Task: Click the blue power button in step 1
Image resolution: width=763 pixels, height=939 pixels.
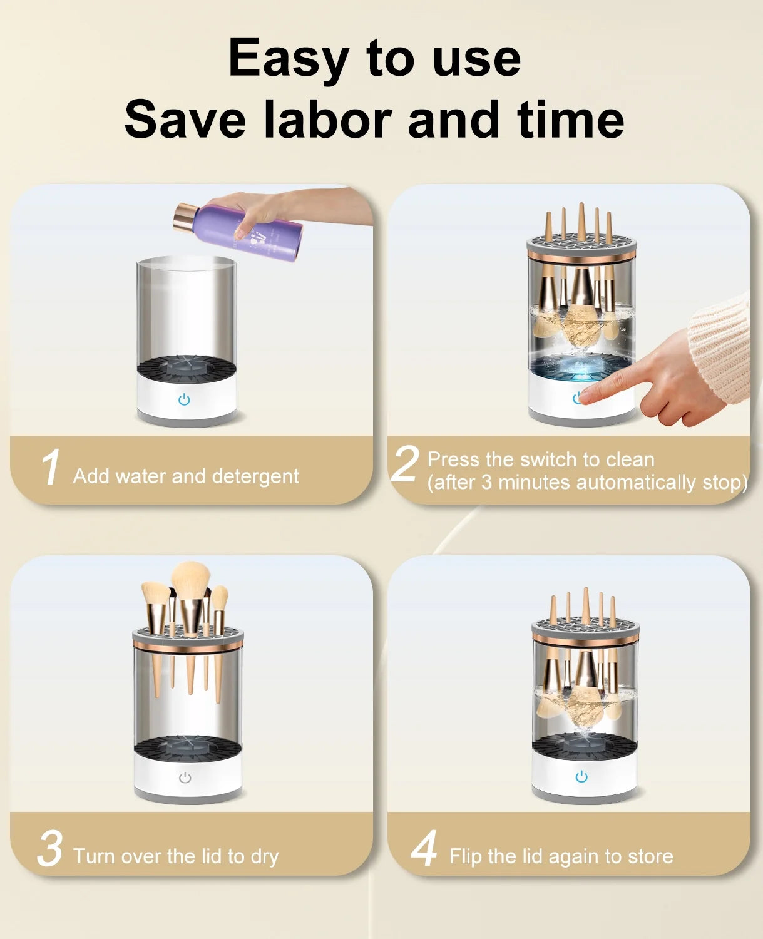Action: pyautogui.click(x=184, y=399)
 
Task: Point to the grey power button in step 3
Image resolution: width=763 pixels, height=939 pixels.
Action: pyautogui.click(x=185, y=777)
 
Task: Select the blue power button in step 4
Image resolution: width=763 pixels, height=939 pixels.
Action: pyautogui.click(x=581, y=777)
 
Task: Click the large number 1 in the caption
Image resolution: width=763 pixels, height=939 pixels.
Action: pyautogui.click(x=50, y=467)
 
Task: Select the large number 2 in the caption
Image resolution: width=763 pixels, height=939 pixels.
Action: pyautogui.click(x=404, y=464)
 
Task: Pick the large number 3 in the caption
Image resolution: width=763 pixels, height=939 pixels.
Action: pyautogui.click(x=50, y=849)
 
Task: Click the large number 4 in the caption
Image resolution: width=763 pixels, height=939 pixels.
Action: pyautogui.click(x=424, y=849)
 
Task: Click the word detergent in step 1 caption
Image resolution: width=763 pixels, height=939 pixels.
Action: pyautogui.click(x=255, y=476)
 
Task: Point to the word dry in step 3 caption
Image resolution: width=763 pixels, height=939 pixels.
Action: pyautogui.click(x=264, y=856)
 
